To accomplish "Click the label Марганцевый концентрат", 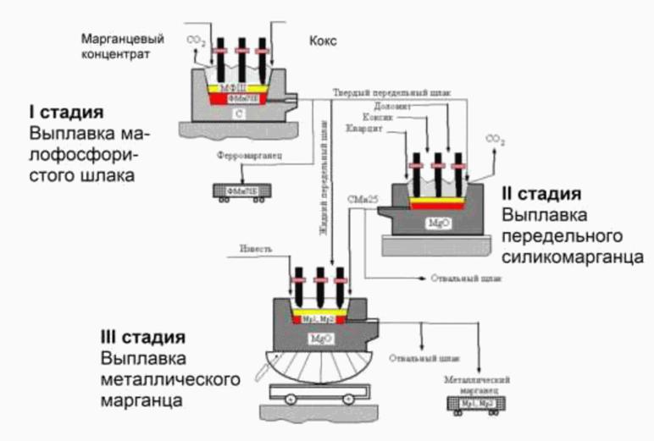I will point(116,46).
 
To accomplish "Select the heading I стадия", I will point(67,113).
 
